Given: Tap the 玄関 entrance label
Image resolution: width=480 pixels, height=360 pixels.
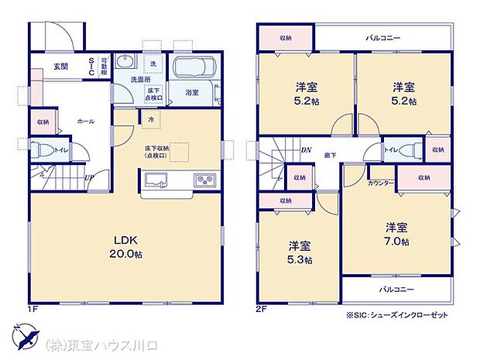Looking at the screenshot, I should click(60, 67).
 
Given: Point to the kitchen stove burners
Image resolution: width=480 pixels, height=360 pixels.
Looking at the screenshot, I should click(205, 181).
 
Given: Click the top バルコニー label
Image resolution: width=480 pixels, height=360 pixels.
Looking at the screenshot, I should click(382, 36).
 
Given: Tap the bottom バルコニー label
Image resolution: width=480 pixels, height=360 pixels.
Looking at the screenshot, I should click(396, 290).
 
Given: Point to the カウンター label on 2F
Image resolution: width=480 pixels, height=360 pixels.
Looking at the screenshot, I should click(381, 183).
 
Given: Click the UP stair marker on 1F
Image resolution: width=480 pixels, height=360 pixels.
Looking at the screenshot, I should click(90, 177).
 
